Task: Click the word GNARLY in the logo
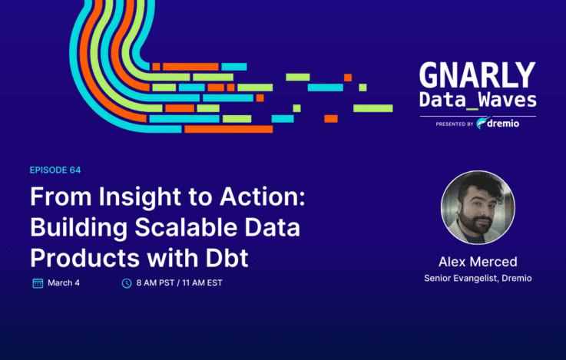(477, 75)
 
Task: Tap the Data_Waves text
(478, 100)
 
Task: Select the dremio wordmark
(503, 124)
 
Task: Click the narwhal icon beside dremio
(482, 123)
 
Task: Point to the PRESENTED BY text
(455, 124)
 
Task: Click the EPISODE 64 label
(55, 170)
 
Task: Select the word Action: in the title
(263, 197)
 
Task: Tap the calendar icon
(38, 283)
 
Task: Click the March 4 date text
(64, 282)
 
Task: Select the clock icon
(127, 283)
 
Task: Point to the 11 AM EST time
(202, 282)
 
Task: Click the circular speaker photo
(478, 207)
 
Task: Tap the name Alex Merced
(478, 262)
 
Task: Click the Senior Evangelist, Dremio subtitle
(478, 278)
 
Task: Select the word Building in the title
(78, 228)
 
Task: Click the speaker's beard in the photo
(475, 222)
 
